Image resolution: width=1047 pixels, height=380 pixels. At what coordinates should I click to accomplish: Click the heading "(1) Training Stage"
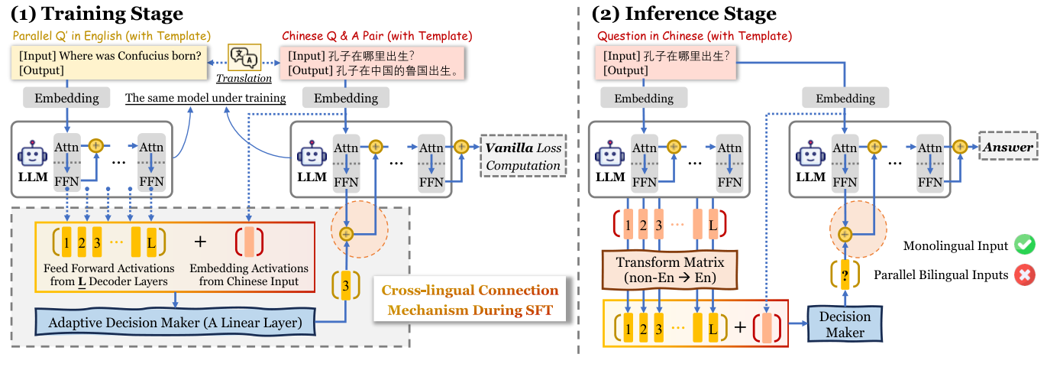point(96,13)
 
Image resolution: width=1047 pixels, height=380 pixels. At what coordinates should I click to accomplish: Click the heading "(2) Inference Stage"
point(684,13)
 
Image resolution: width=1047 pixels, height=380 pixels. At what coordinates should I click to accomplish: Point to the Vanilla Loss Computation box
point(523,156)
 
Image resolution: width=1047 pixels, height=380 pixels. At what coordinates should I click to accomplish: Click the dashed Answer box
point(1009,147)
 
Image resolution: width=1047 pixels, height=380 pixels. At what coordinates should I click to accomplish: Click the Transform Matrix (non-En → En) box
point(669,269)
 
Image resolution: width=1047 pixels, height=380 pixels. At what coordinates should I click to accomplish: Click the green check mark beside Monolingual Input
point(1024,246)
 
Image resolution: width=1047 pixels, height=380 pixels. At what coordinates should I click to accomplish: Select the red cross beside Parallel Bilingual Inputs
point(1024,274)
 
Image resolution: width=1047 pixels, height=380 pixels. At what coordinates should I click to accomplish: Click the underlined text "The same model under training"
point(205,98)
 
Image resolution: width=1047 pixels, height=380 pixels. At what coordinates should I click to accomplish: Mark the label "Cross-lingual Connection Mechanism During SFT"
point(470,300)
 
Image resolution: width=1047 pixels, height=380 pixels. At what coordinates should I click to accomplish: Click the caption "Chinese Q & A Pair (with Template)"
point(377,36)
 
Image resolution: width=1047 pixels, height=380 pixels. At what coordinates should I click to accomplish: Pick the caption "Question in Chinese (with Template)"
point(694,36)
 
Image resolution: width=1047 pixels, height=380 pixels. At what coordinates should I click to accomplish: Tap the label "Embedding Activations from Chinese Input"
point(249,274)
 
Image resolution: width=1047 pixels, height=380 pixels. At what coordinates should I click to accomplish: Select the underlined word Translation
point(244,78)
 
